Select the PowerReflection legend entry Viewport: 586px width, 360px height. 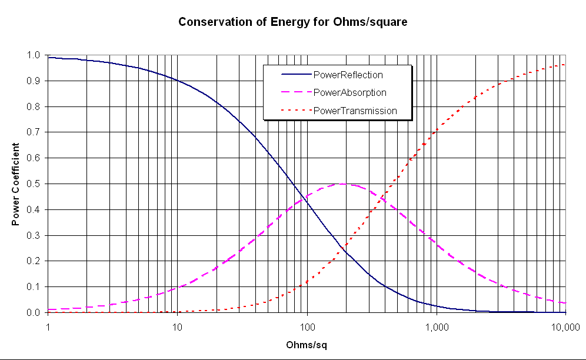pos(348,75)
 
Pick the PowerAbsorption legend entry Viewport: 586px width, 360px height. pos(349,92)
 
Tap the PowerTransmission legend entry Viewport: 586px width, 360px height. pos(355,110)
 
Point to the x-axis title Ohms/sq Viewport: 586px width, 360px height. pos(306,345)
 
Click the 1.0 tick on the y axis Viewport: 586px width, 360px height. pos(33,55)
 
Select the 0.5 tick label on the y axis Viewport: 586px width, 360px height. pos(33,184)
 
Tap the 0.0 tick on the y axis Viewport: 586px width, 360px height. pos(33,312)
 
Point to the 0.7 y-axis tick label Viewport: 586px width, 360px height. pos(33,132)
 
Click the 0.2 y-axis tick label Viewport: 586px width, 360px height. pos(33,261)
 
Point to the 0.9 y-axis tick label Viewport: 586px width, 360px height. pos(33,81)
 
